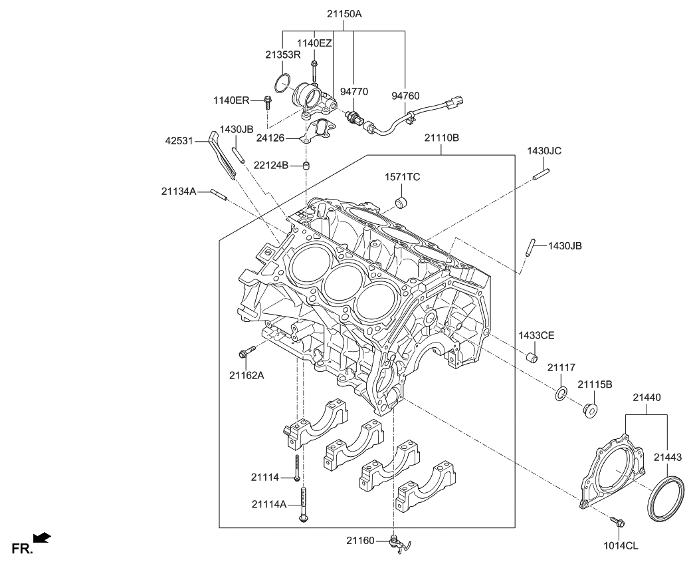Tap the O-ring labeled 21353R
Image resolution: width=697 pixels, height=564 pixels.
coord(282,84)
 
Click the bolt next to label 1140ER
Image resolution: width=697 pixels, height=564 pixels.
coord(268,102)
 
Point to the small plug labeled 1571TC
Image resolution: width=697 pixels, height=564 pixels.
coord(401,201)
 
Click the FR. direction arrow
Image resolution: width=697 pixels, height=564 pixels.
coord(41,537)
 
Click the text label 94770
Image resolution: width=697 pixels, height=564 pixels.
coord(354,91)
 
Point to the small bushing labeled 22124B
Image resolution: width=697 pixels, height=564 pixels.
coord(307,165)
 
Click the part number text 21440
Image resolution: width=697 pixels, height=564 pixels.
coord(647,397)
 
